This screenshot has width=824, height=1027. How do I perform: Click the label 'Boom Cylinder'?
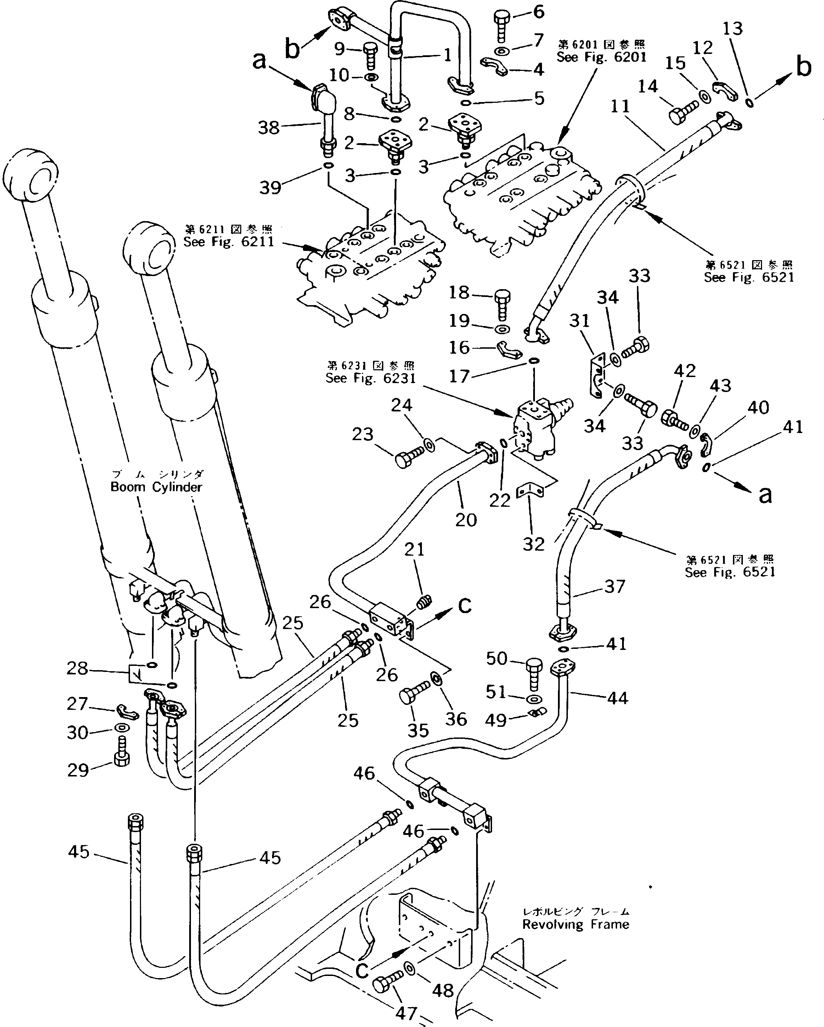pyautogui.click(x=156, y=487)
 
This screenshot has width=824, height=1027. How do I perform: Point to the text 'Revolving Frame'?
pyautogui.click(x=575, y=925)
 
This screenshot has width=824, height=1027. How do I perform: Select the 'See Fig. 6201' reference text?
pyautogui.click(x=602, y=57)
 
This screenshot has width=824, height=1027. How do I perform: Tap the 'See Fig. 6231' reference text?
pyautogui.click(x=371, y=378)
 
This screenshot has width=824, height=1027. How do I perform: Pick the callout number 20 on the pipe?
pyautogui.click(x=465, y=520)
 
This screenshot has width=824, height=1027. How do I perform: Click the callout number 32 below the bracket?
pyautogui.click(x=533, y=544)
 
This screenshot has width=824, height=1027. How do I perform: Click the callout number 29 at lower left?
pyautogui.click(x=78, y=770)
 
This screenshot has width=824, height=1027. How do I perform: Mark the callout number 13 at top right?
pyautogui.click(x=733, y=29)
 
